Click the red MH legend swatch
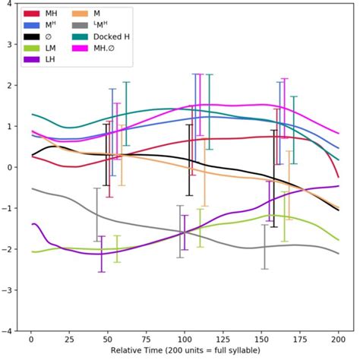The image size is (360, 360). click(31, 14)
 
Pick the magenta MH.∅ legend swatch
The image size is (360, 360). click(84, 47)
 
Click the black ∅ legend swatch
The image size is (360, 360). click(31, 36)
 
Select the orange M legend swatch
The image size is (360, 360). click(84, 14)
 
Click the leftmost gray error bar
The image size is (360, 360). click(96, 215)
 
